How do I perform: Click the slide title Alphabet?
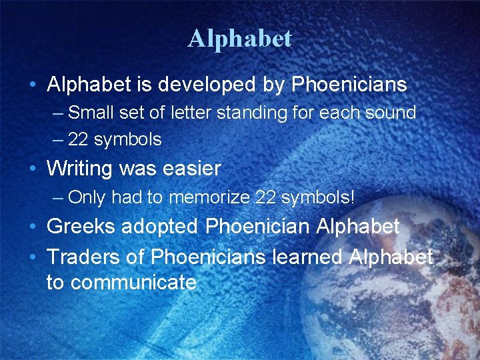click(x=240, y=39)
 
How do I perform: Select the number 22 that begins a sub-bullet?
click(x=79, y=139)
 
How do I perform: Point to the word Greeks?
click(x=79, y=226)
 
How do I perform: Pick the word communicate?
click(x=133, y=283)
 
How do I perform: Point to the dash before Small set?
click(x=57, y=113)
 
